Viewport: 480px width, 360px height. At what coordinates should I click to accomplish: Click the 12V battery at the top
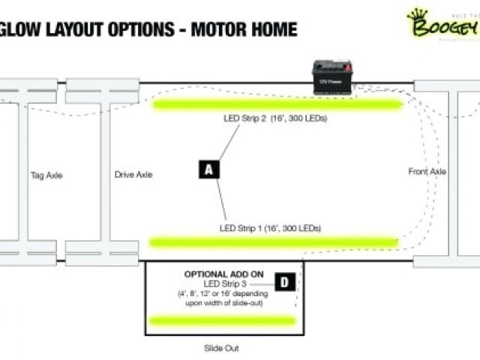[333, 77]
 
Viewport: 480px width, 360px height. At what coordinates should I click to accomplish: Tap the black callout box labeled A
[209, 169]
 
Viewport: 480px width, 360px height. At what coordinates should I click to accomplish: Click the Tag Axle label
[46, 175]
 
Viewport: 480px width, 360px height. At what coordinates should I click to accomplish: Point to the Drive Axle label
[133, 175]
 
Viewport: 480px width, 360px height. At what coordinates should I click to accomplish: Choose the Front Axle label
[427, 172]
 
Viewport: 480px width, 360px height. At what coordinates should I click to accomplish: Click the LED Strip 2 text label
[274, 118]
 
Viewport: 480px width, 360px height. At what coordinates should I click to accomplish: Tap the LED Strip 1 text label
[271, 227]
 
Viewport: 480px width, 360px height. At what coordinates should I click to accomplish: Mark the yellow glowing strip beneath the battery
[278, 103]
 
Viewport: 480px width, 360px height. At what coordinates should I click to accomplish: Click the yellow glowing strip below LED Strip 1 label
[274, 241]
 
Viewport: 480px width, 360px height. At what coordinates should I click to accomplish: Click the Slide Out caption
[221, 349]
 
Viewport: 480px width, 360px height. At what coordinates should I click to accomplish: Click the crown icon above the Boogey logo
[417, 14]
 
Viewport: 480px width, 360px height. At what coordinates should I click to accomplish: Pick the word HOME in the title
[272, 30]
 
